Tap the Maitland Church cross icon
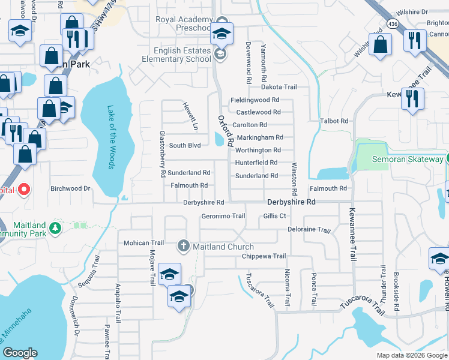pos(183,246)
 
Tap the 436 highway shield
pos(393,24)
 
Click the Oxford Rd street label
pos(225,131)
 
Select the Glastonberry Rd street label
pos(162,154)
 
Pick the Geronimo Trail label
pos(223,216)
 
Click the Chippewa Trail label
pos(264,256)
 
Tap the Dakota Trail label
pos(279,87)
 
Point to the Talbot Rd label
pos(334,121)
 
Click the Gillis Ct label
pos(274,216)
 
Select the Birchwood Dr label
pos(70,188)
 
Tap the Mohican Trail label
pos(143,243)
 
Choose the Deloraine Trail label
pos(309,230)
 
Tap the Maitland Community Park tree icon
pos(55,227)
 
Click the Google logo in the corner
pos(20,353)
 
